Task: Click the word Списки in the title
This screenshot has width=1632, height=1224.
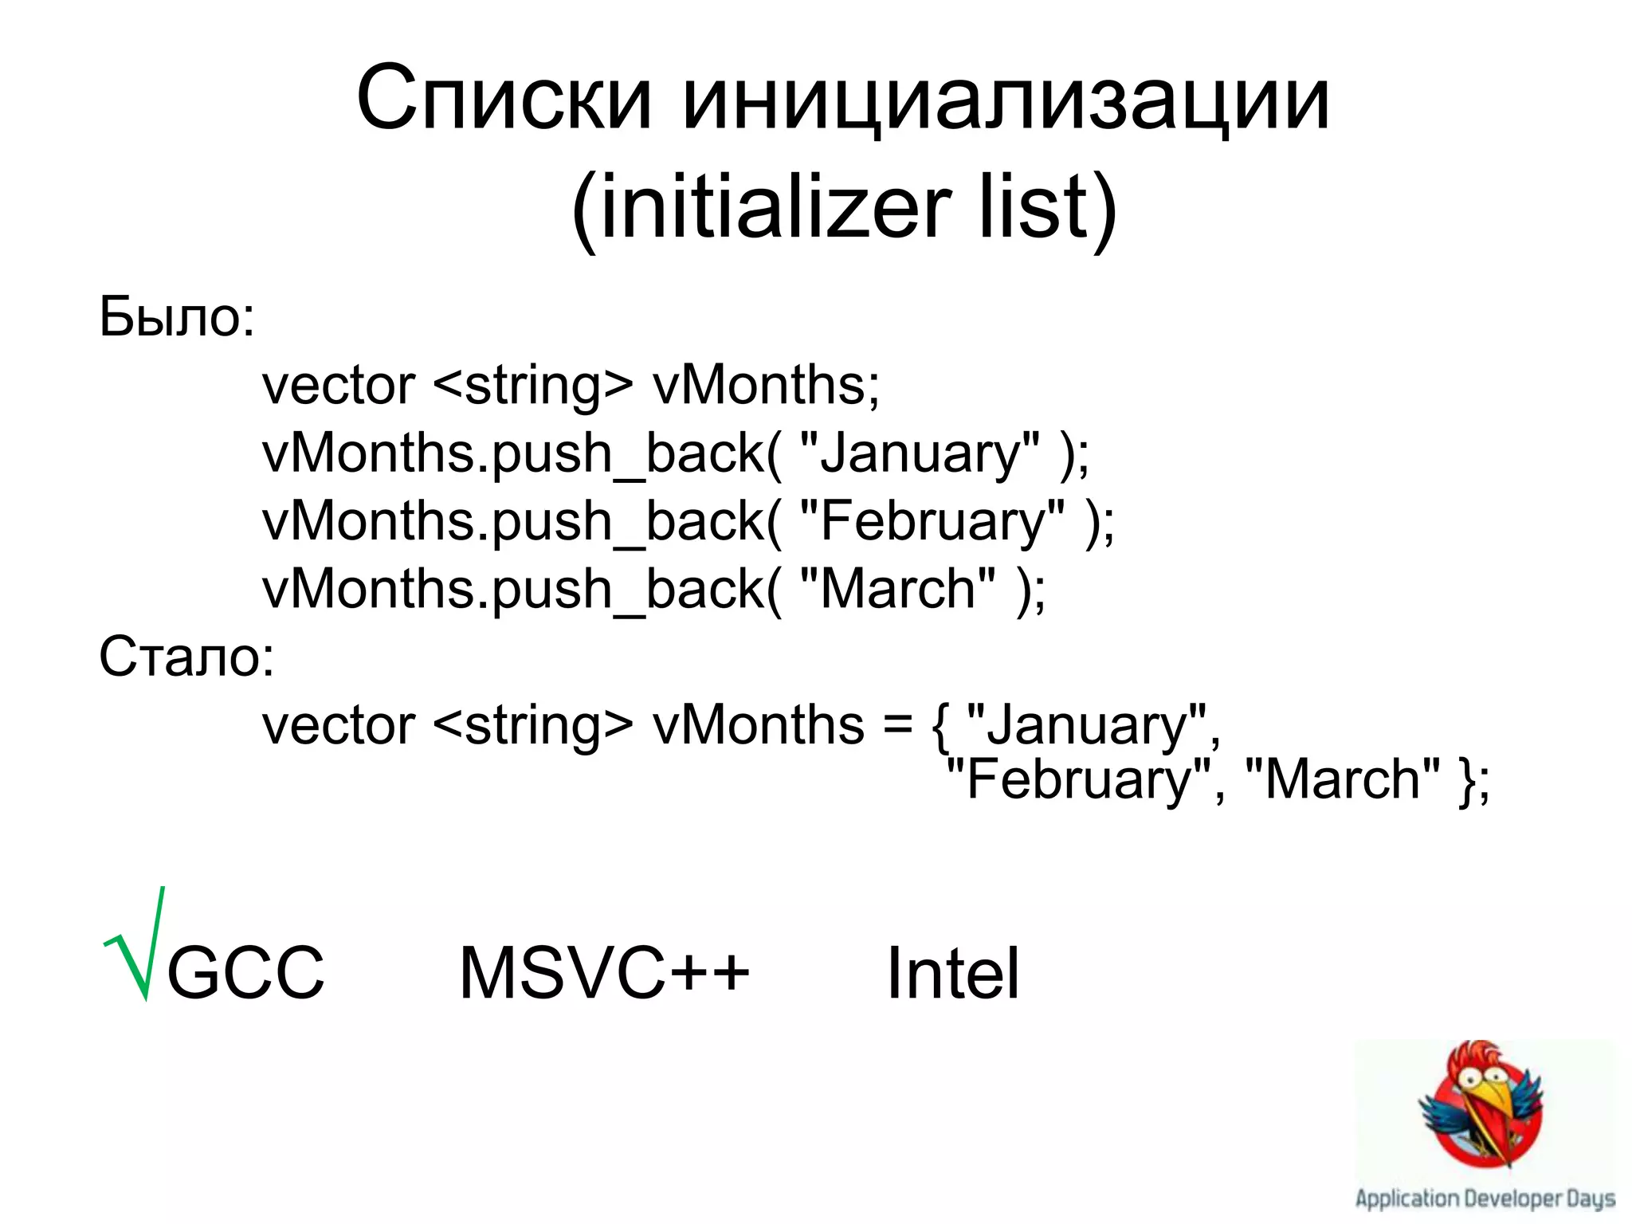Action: click(504, 100)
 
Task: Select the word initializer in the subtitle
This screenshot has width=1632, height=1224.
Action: click(761, 209)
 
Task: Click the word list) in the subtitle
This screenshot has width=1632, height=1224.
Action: click(1047, 209)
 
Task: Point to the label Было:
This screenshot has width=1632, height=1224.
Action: click(177, 317)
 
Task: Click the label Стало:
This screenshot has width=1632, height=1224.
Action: click(186, 657)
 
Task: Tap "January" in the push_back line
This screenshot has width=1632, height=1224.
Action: click(919, 453)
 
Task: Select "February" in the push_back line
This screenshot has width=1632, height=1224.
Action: click(931, 521)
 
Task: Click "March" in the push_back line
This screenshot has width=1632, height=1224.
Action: click(896, 589)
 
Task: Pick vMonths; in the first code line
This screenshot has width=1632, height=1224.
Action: click(766, 385)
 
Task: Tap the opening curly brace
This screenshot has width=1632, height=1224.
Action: click(940, 727)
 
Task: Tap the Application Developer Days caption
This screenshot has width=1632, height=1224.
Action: click(1485, 1198)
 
